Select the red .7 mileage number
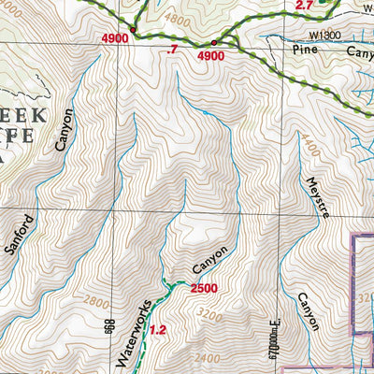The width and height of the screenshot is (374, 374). click(x=170, y=48)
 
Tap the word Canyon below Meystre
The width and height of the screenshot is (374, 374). click(x=309, y=310)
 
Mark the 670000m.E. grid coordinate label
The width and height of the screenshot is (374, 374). click(x=275, y=337)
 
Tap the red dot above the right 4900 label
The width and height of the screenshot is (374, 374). click(x=214, y=44)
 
